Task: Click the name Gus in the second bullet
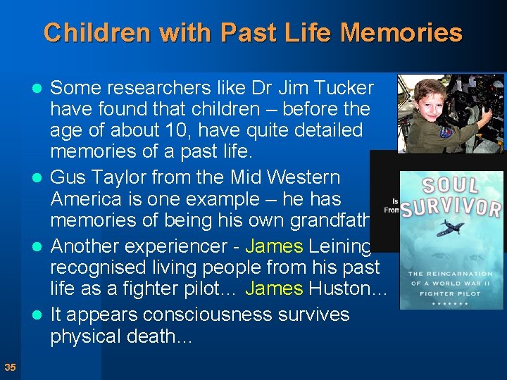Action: tap(68, 177)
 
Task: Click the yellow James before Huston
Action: tap(274, 289)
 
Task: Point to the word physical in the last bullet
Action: tap(92, 336)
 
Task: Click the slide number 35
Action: tap(10, 367)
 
